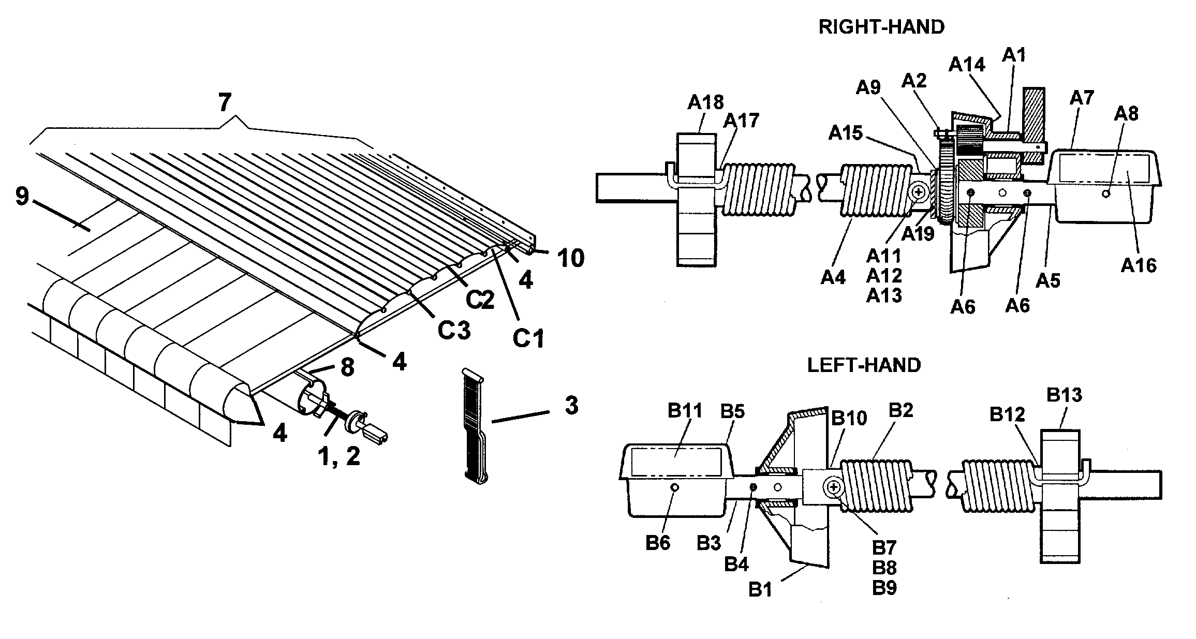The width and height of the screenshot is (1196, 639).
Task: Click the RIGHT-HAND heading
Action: (881, 27)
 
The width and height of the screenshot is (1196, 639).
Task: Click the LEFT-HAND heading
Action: (864, 365)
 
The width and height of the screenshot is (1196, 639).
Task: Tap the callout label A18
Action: (705, 102)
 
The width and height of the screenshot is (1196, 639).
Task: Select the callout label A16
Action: (1139, 265)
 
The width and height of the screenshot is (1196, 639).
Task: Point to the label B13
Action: (1064, 395)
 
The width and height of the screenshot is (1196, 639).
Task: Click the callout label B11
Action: (685, 411)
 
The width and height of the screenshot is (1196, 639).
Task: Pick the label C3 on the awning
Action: (454, 330)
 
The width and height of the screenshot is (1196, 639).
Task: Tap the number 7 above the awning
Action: (224, 102)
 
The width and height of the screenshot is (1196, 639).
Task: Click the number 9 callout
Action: (22, 197)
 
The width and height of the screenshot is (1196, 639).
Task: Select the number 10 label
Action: (570, 258)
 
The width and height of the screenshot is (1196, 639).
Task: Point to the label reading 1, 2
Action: (338, 457)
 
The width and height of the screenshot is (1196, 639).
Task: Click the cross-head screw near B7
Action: (833, 487)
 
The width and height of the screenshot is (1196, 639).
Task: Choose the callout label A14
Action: (967, 65)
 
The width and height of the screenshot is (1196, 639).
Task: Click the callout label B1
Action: (760, 590)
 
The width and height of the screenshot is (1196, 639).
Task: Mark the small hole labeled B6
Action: (674, 487)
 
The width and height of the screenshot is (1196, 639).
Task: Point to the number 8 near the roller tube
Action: (347, 367)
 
